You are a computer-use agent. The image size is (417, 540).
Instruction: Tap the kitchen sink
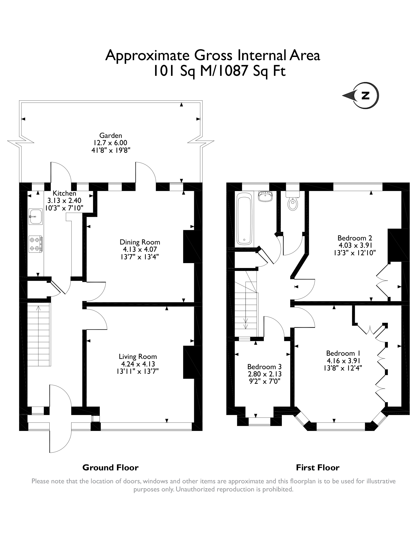pyautogui.click(x=35, y=216)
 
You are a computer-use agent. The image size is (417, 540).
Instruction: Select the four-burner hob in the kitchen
pyautogui.click(x=35, y=244)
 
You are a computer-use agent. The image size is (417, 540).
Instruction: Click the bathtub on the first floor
pyautogui.click(x=244, y=219)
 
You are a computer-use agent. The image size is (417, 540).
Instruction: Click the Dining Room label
pyautogui.click(x=140, y=242)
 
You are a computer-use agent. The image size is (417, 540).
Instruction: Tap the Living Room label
pyautogui.click(x=138, y=356)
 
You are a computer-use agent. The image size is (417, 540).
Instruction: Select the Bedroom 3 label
pyautogui.click(x=264, y=367)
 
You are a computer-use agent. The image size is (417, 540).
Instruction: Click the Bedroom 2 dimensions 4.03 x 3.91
pyautogui.click(x=355, y=245)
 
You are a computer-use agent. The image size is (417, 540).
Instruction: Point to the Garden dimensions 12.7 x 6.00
pyautogui.click(x=111, y=143)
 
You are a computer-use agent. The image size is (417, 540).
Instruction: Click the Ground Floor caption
pyautogui.click(x=110, y=467)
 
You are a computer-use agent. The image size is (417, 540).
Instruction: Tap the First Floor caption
pyautogui.click(x=317, y=467)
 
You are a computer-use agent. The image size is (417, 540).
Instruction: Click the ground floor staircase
pyautogui.click(x=39, y=335)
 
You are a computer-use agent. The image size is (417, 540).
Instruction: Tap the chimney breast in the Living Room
pyautogui.click(x=192, y=362)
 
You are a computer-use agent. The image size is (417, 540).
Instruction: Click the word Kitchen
pyautogui.click(x=64, y=193)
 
